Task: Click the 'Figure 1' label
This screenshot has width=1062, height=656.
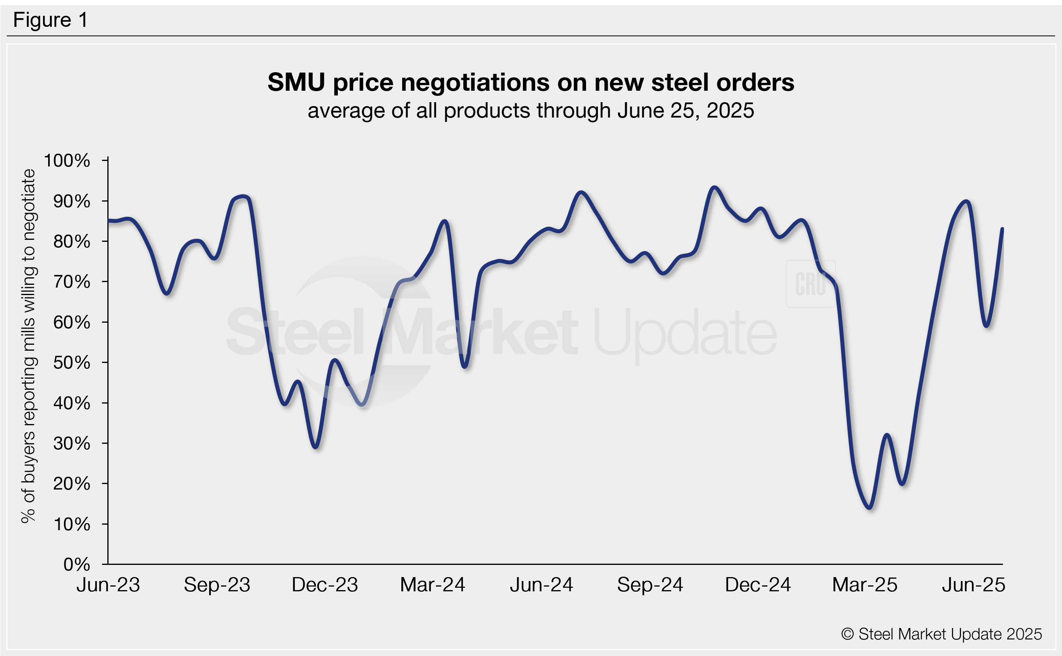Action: (x=51, y=20)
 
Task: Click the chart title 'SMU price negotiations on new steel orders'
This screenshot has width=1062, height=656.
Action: (x=530, y=82)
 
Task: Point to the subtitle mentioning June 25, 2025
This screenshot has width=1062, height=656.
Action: (x=530, y=110)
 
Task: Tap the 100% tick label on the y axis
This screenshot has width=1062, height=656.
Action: (x=67, y=161)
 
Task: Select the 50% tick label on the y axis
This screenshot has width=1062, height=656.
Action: (x=71, y=363)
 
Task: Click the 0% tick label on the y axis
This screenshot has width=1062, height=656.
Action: (x=77, y=564)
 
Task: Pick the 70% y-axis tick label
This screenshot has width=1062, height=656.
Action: (x=71, y=282)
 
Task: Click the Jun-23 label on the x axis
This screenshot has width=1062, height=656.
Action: (x=108, y=585)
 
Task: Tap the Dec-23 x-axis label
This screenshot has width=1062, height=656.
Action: (x=325, y=585)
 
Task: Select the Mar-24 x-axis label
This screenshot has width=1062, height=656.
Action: (x=432, y=585)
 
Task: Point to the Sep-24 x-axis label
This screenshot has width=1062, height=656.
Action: (x=650, y=585)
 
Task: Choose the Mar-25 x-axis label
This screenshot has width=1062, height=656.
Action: (x=865, y=585)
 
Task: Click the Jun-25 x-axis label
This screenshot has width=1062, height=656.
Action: (x=973, y=585)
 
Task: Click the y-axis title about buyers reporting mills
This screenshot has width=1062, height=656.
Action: (x=29, y=346)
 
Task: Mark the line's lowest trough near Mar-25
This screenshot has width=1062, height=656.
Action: (x=870, y=508)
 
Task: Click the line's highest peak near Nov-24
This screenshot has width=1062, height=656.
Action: (x=714, y=187)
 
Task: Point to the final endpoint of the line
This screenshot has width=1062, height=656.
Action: (x=1002, y=229)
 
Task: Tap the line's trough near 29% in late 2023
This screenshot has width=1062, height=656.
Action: (x=316, y=447)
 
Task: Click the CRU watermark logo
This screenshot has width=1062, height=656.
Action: (x=810, y=284)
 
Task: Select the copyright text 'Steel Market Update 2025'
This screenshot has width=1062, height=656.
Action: (x=941, y=634)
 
